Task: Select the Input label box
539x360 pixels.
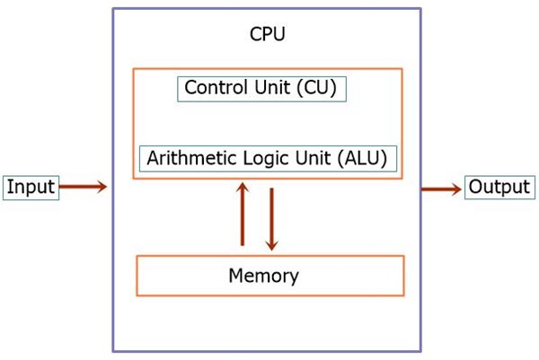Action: (x=31, y=188)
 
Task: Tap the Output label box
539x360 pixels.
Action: (x=499, y=188)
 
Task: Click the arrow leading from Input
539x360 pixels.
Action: (x=83, y=188)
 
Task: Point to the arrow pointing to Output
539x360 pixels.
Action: (x=441, y=189)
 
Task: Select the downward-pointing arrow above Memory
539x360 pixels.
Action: (x=271, y=219)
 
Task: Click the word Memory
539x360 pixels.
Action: (x=263, y=276)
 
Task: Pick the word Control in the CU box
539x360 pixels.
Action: (x=213, y=88)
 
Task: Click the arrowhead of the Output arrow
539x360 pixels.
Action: (x=455, y=189)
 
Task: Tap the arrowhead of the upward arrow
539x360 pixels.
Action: (x=242, y=188)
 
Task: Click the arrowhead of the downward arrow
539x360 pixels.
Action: (x=271, y=245)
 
